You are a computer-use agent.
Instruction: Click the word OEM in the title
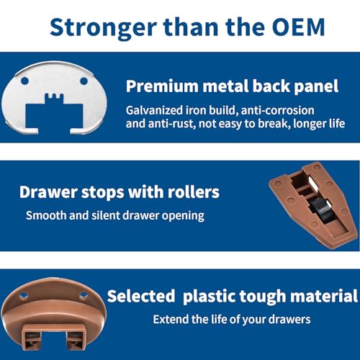coord(298,27)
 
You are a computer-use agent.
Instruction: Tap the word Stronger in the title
coord(104,28)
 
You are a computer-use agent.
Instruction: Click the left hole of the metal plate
coord(24,81)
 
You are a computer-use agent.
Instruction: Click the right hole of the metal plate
coord(84,81)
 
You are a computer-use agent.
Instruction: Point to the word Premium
coord(162,86)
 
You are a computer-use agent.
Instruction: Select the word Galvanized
coord(154,110)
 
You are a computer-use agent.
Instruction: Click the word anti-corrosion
coord(278,110)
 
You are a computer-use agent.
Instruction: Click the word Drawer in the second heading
coord(48,192)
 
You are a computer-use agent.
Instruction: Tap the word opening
coord(183,216)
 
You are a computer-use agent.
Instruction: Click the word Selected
coord(141,296)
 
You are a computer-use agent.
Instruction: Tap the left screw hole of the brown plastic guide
coord(23,295)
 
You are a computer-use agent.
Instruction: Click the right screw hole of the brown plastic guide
coord(84,295)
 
